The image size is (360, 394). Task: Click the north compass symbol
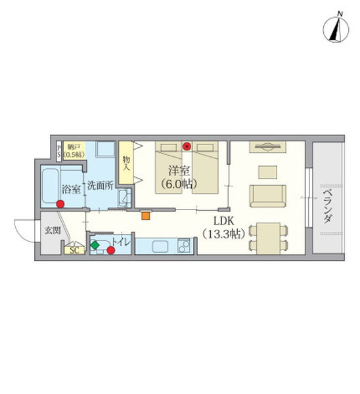coord(336,29)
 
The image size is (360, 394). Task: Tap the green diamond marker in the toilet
coord(95,245)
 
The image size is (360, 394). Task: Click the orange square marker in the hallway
coord(146,216)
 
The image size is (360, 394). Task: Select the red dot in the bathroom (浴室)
coord(60,204)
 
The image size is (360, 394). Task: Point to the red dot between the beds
coord(187,146)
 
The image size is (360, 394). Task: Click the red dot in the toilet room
coord(111,250)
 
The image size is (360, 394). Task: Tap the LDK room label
coord(224,221)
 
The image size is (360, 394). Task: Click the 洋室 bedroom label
coord(179,171)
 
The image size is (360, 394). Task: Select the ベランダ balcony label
coord(327,206)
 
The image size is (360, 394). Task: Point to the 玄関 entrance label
coord(53,230)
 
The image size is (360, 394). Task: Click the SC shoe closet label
coord(74,250)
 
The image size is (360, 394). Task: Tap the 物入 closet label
coord(126,164)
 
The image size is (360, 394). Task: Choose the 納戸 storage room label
coord(74,147)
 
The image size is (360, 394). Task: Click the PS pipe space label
coord(59,150)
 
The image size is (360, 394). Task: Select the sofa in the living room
coord(268,196)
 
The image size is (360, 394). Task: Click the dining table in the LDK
coord(269,238)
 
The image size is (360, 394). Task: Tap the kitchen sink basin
coord(160,246)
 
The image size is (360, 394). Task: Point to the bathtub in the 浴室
coord(51,186)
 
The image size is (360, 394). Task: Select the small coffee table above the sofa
coord(268,172)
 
